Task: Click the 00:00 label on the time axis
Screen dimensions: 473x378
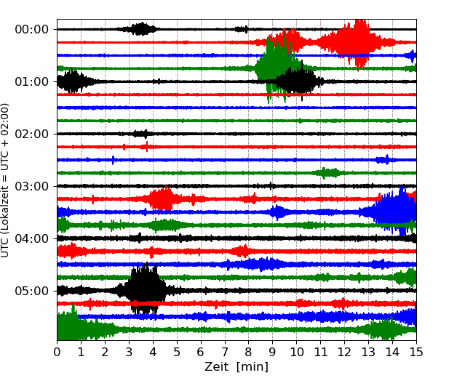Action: [x=32, y=30]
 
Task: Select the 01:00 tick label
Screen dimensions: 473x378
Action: [x=32, y=81]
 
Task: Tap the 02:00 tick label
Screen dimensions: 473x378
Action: [x=32, y=134]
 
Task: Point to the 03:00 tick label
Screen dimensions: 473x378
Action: [x=32, y=186]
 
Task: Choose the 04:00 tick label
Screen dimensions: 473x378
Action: [x=32, y=238]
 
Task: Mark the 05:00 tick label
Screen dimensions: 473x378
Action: [x=32, y=291]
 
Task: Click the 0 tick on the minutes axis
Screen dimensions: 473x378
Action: [x=57, y=352]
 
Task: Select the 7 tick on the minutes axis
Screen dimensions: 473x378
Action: [x=225, y=352]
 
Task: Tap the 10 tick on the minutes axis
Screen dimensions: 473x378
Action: [x=296, y=352]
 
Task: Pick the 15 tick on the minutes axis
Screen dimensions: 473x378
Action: [x=416, y=352]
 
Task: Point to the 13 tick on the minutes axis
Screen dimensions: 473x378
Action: [x=368, y=352]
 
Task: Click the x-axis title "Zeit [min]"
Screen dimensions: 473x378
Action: [x=236, y=367]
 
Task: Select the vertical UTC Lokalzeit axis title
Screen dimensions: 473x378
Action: [x=4, y=180]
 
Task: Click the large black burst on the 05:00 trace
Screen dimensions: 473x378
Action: [x=145, y=289]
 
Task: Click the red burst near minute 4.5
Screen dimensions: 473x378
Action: [x=162, y=198]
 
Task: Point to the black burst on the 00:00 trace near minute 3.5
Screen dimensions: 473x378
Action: [x=140, y=29]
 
